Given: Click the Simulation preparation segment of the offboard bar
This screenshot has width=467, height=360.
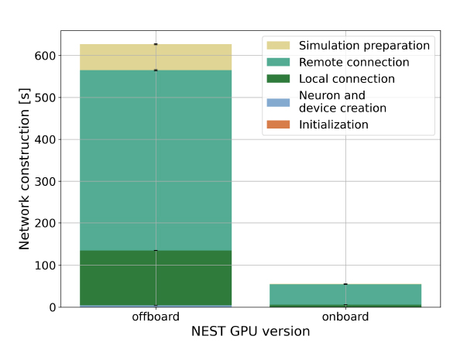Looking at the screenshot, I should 155,57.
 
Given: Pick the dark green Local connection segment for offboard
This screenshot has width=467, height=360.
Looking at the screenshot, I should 155,278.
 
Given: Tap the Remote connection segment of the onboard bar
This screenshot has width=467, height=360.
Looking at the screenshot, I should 345,294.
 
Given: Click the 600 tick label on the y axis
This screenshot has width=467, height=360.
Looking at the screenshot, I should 44,56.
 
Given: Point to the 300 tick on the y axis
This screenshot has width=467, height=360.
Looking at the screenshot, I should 44,182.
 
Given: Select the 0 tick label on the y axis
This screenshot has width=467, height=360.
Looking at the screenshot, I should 50,307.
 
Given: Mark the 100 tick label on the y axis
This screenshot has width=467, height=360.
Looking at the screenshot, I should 44,266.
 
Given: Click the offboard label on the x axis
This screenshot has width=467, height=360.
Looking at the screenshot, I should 156,317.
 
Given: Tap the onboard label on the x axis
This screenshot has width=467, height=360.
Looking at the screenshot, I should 345,317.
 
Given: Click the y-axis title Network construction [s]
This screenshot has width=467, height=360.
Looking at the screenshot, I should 25,177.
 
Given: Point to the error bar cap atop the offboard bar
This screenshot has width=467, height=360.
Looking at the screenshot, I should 156,44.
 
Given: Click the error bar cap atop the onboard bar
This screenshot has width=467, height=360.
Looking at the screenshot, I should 345,284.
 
